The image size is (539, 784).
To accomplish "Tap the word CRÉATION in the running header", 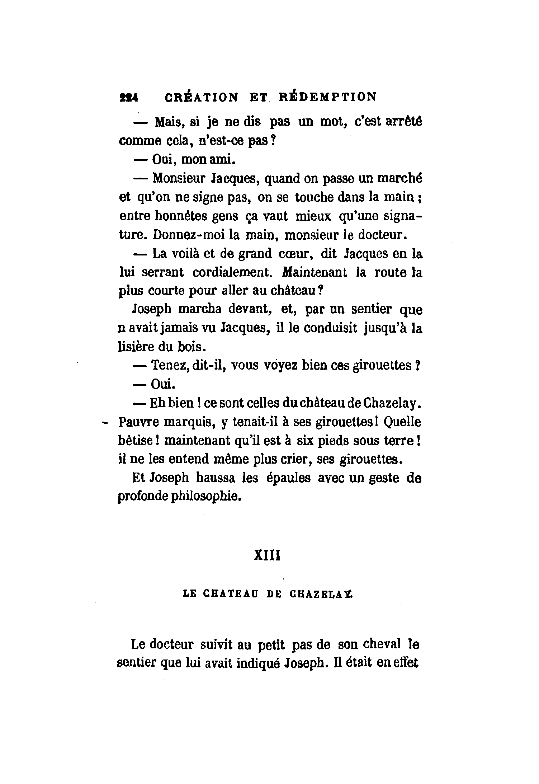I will [200, 97].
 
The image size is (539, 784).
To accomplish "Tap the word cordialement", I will [231, 272].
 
